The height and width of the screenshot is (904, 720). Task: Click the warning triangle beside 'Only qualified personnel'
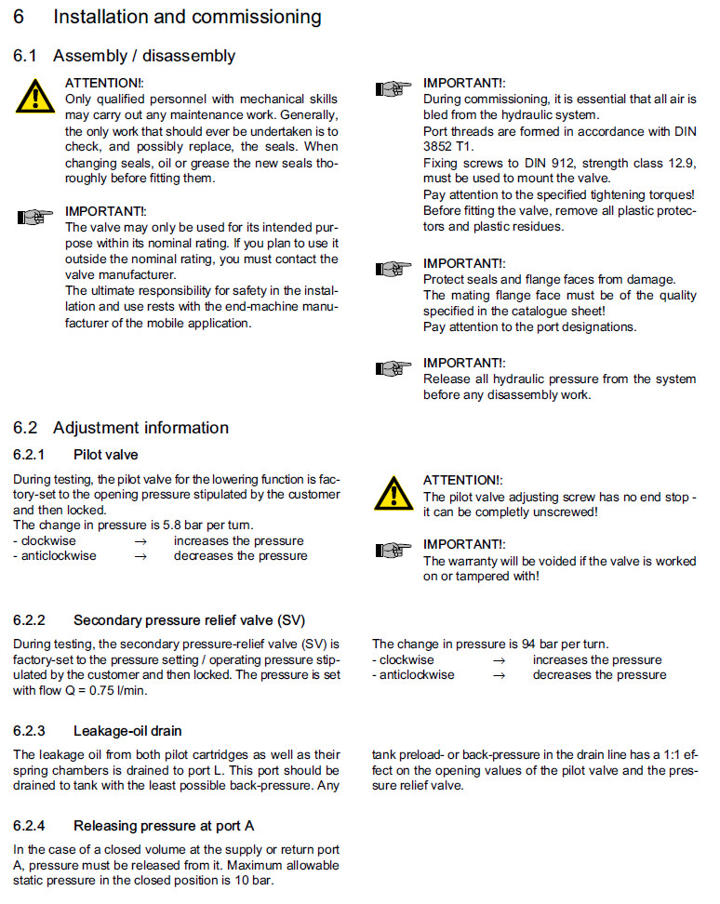[x=35, y=96]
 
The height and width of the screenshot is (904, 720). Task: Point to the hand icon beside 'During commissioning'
[x=392, y=89]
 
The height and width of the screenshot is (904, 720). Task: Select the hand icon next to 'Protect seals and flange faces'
[x=392, y=269]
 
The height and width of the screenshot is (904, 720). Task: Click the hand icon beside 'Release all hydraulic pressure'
[x=392, y=368]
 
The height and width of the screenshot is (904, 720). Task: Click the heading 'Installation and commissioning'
[x=187, y=17]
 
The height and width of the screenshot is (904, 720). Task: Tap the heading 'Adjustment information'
[x=140, y=428]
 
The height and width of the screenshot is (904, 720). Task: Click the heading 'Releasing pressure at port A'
[x=164, y=825]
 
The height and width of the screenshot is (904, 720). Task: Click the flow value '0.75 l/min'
[x=116, y=690]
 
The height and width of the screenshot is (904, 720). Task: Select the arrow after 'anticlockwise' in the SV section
[x=499, y=674]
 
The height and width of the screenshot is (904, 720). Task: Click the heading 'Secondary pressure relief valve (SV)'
[x=189, y=620]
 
